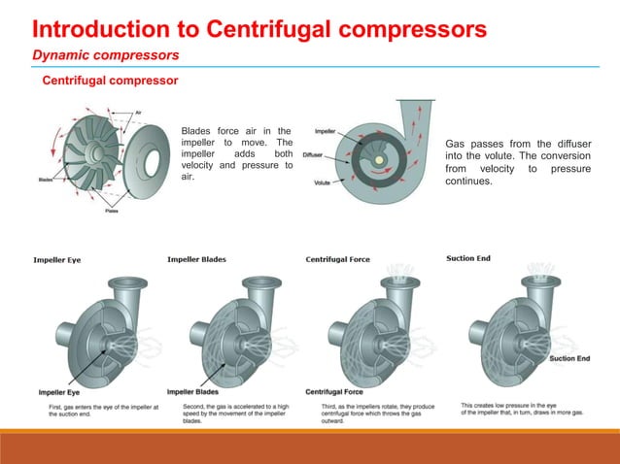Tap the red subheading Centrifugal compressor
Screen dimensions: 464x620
[x=109, y=80]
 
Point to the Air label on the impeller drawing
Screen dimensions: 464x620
[x=140, y=112]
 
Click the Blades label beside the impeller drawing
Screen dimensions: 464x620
[x=46, y=179]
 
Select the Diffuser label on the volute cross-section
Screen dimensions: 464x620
[x=313, y=154]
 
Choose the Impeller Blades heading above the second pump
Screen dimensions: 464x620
[x=197, y=259]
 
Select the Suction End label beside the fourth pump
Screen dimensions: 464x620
[x=569, y=358]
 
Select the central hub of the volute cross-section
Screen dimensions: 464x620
[x=373, y=157]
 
